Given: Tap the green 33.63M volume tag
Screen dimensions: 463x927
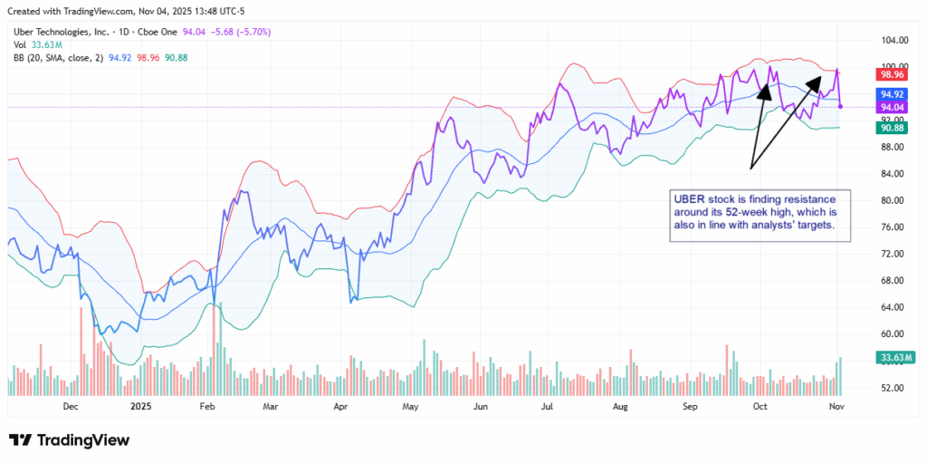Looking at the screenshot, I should [894, 357].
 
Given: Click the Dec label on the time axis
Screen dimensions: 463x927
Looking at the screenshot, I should [71, 408].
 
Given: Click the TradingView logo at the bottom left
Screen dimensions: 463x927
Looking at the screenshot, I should [70, 440].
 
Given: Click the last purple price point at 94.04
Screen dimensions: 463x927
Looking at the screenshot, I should [842, 107].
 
